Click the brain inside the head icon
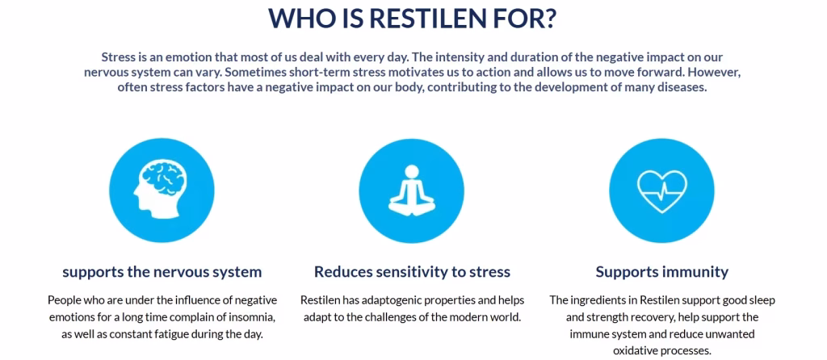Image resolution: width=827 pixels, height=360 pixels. click(165, 178)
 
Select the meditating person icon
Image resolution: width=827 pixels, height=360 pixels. click(411, 190)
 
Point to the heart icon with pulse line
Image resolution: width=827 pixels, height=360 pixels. click(661, 191)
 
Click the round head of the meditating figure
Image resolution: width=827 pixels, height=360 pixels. click(412, 171)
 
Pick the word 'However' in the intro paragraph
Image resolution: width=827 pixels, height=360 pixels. click(717, 73)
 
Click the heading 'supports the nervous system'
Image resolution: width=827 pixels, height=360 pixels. click(162, 272)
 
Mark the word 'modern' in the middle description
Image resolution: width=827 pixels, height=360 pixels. click(461, 318)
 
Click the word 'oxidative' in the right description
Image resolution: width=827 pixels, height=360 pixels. click(636, 350)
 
